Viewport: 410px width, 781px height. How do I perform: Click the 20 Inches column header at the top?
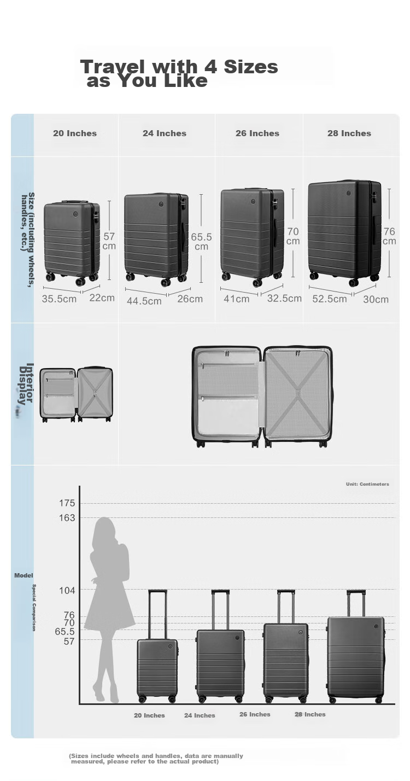(74, 133)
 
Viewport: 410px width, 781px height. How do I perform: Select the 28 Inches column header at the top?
(349, 133)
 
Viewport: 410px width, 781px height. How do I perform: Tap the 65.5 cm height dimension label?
(201, 242)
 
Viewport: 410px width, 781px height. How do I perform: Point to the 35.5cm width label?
(59, 299)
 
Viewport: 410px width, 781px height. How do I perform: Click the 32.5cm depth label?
(284, 299)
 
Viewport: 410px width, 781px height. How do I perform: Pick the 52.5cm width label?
(330, 299)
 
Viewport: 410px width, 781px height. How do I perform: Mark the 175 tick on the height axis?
(67, 503)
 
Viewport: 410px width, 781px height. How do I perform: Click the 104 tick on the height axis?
(67, 590)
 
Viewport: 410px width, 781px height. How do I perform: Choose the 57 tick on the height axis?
(69, 641)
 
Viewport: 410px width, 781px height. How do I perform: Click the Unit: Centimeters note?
(367, 484)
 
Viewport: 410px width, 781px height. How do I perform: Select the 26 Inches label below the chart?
(255, 714)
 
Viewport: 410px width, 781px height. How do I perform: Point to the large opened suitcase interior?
(262, 397)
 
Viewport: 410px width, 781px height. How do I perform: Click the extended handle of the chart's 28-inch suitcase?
(356, 603)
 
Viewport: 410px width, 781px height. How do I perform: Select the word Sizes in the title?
(251, 67)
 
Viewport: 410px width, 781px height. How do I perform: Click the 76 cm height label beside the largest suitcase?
(389, 236)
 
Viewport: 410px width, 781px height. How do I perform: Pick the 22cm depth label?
(102, 298)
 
